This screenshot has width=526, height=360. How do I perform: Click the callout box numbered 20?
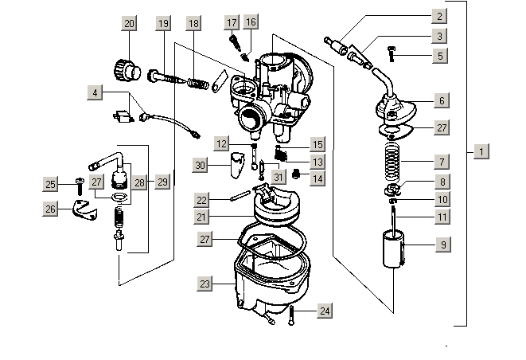130,24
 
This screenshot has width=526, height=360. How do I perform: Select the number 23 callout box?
206,283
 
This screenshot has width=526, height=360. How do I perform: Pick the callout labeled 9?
442,246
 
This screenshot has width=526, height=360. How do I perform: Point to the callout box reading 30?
201,165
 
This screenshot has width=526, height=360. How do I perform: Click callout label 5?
441,56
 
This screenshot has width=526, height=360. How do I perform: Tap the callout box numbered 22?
202,200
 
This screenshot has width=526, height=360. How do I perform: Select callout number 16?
251,22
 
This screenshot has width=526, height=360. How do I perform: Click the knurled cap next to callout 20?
127,69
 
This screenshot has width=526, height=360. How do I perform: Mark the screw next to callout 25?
80,185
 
